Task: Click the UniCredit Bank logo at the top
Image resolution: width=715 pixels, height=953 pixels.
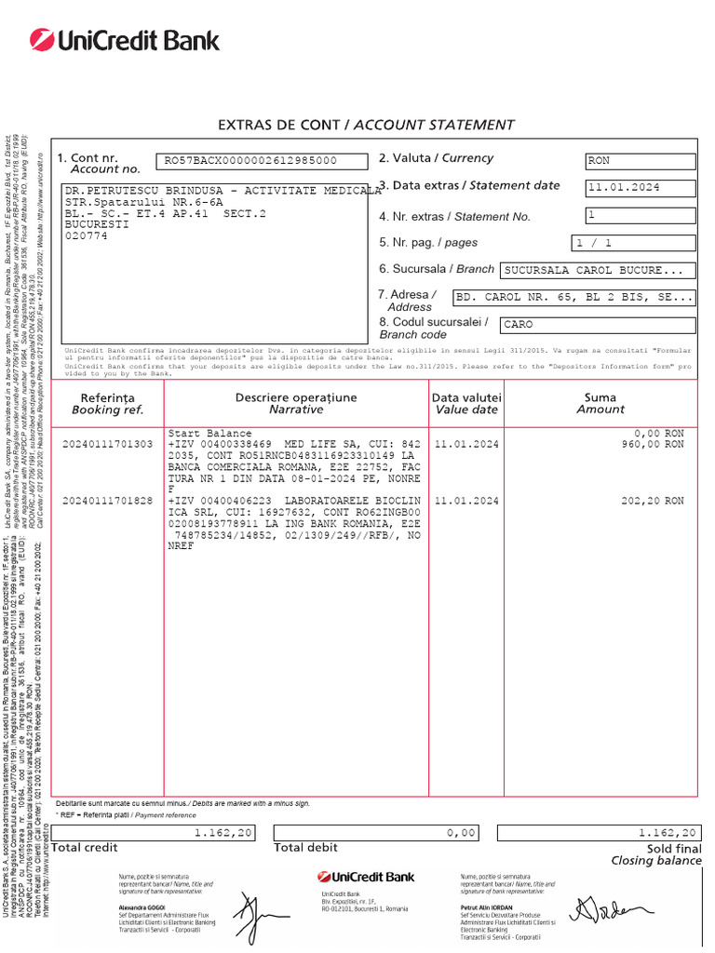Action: coord(124,40)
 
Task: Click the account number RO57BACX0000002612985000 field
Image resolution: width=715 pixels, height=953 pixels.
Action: coord(250,161)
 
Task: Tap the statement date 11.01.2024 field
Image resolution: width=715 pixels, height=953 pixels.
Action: coord(640,188)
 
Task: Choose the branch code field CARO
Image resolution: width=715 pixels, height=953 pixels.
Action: coord(598,325)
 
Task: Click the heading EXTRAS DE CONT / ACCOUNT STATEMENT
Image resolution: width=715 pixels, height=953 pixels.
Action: coord(365,125)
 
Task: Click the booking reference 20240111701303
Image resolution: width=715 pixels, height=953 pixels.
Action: coord(107,445)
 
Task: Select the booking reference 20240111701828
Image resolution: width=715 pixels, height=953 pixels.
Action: coord(107,501)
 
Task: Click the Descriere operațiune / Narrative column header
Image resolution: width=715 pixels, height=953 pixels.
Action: coord(296,403)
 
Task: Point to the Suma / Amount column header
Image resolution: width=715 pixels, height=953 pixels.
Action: coord(600,403)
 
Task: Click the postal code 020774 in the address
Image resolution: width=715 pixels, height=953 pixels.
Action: coord(87,236)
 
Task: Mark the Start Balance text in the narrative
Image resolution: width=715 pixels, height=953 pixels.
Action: coord(209,434)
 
